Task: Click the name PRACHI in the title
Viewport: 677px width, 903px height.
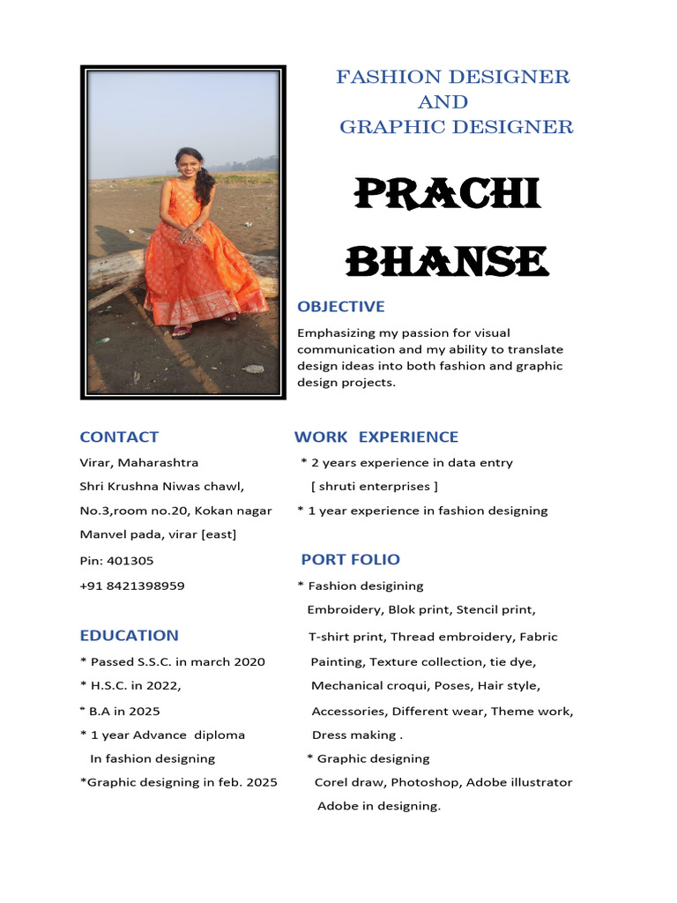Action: click(x=447, y=195)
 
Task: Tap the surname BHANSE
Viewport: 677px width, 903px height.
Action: click(x=447, y=262)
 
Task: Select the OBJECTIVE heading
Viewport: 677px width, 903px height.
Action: click(x=341, y=307)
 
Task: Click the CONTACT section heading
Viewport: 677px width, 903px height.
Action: click(x=119, y=437)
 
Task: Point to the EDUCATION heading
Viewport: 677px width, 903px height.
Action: click(x=129, y=635)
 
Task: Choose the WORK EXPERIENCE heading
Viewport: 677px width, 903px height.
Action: click(x=376, y=437)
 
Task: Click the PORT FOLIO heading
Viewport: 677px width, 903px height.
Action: click(x=350, y=559)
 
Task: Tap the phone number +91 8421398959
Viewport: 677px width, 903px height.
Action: click(x=132, y=586)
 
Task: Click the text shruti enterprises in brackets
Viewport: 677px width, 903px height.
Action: click(x=375, y=486)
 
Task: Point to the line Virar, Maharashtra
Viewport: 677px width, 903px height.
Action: click(x=139, y=462)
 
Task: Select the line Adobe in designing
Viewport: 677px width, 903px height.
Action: click(x=378, y=806)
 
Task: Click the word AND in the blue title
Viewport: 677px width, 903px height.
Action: click(x=443, y=101)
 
